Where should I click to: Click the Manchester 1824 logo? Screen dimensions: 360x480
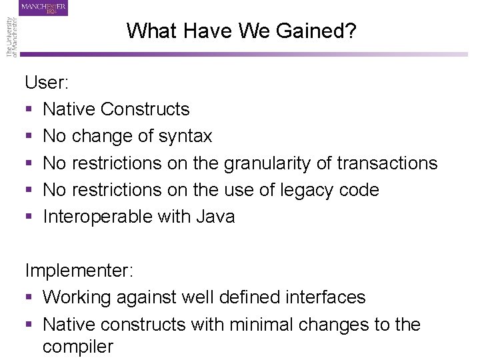click(44, 8)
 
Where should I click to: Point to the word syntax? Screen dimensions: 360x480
click(185, 137)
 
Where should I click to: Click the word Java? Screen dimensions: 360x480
click(215, 217)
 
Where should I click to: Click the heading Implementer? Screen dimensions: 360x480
click(79, 271)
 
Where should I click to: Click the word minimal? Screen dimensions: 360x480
click(255, 325)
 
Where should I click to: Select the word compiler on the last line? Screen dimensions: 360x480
click(78, 347)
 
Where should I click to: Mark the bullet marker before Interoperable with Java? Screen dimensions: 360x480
click(29, 217)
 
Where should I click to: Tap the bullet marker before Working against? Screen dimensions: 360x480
click(29, 298)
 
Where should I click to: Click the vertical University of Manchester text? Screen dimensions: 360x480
click(12, 37)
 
